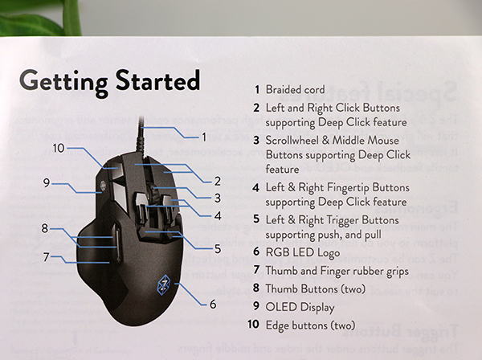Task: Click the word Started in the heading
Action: [x=157, y=80]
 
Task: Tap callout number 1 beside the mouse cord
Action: [x=204, y=137]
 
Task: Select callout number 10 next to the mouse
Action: [x=59, y=148]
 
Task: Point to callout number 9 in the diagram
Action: [x=47, y=183]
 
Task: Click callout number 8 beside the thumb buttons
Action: [x=45, y=228]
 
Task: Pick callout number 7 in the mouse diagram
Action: [x=46, y=256]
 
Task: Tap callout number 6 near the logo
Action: [x=213, y=304]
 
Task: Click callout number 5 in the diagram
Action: [x=218, y=249]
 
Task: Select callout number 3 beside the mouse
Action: [x=218, y=198]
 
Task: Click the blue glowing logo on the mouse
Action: [x=164, y=284]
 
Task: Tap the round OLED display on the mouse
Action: [x=104, y=186]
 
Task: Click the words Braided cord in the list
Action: [x=295, y=89]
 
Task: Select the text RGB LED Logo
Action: [x=303, y=252]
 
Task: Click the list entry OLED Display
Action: [x=300, y=307]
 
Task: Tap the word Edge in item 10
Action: [x=276, y=325]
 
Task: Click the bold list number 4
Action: [x=256, y=187]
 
